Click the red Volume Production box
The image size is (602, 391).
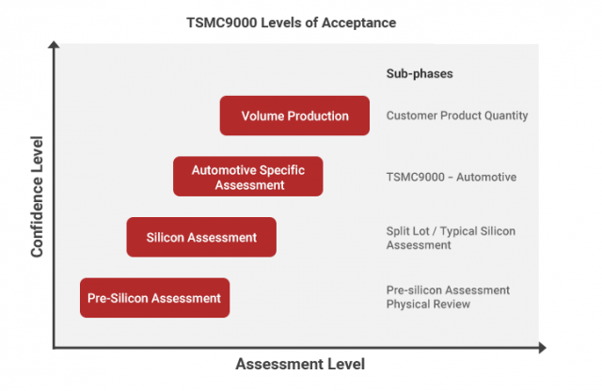[294, 116]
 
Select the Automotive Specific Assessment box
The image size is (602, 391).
[248, 177]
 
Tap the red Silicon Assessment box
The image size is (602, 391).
[201, 237]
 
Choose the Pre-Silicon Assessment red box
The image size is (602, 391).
[154, 298]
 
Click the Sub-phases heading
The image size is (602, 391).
[420, 73]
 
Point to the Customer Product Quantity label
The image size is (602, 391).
[457, 116]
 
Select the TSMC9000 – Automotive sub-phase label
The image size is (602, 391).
[451, 177]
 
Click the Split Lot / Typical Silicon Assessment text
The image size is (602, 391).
[451, 238]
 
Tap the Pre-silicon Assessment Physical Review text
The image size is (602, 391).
[448, 297]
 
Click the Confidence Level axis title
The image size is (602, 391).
[37, 196]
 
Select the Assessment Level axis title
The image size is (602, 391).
[300, 364]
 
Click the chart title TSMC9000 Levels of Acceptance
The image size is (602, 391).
[291, 23]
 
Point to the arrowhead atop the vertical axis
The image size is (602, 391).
[54, 44]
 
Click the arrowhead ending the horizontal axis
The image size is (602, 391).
[542, 348]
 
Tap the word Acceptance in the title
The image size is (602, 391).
[358, 23]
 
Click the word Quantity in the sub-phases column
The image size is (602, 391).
[506, 116]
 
